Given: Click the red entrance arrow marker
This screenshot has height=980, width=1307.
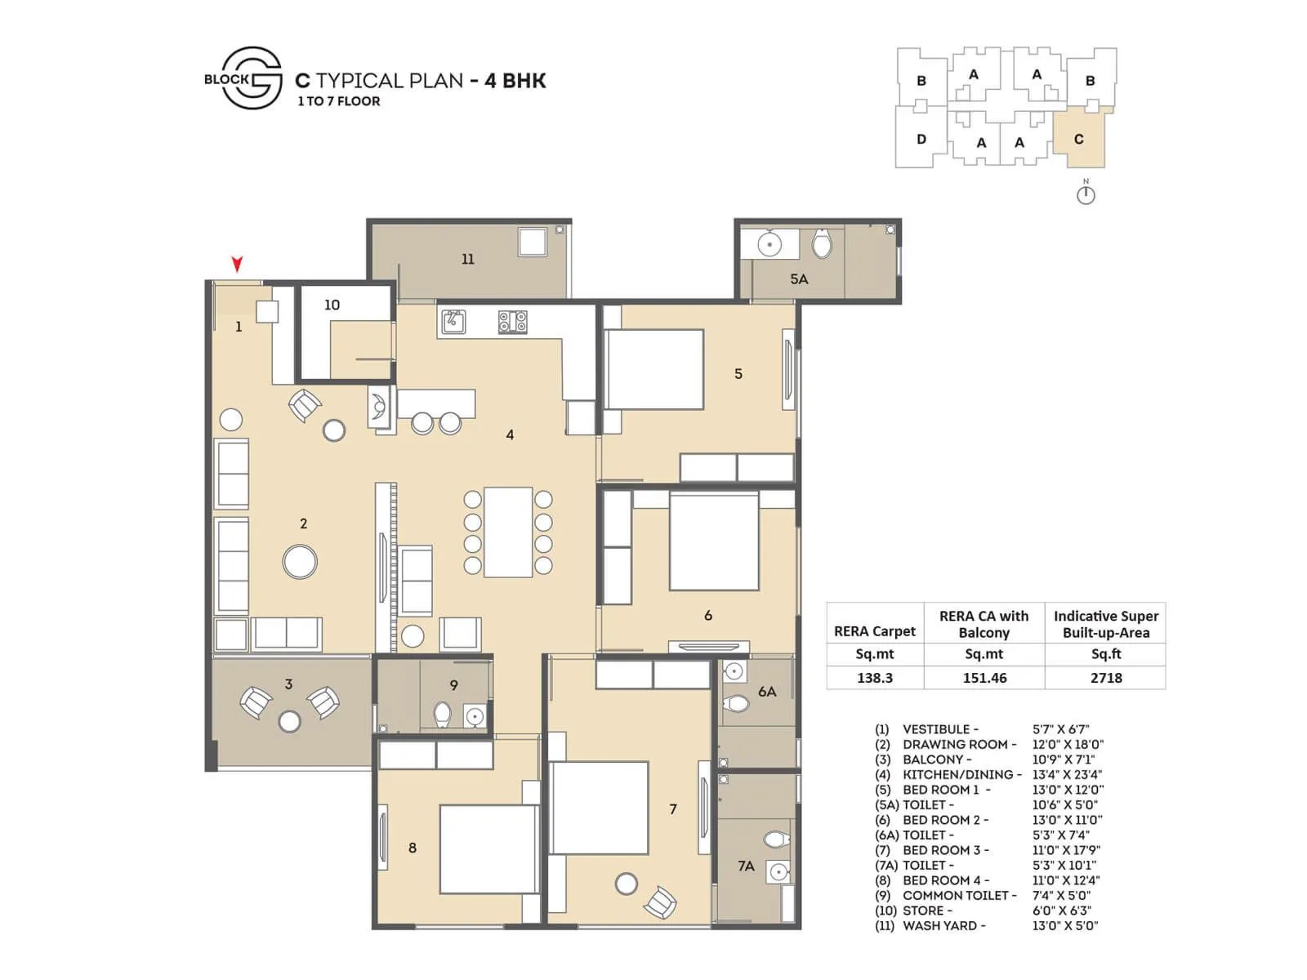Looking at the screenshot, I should (237, 264).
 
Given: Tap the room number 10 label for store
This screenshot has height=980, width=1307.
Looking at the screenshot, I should (332, 305).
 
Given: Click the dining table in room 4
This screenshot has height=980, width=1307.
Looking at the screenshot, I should (508, 532).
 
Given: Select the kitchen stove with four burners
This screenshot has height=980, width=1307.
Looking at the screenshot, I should (513, 322).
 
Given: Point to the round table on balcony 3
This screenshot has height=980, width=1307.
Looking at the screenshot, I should (289, 720).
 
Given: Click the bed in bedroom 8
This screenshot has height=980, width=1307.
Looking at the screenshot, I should (489, 849).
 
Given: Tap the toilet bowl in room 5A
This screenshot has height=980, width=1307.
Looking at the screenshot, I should (822, 243).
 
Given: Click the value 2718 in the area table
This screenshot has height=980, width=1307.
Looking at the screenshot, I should (1105, 678).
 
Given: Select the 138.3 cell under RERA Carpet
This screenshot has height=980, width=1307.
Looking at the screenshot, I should (874, 678).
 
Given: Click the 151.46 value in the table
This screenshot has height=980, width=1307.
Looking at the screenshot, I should (984, 678).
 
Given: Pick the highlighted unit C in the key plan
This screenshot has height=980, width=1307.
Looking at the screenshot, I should (1079, 139).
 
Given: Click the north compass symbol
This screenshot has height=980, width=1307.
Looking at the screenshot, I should (1086, 194).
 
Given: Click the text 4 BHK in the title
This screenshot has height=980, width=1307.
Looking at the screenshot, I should (515, 80).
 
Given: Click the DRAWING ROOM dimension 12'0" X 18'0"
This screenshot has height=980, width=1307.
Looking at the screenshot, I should (1068, 744).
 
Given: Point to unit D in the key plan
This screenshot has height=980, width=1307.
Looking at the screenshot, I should (921, 139).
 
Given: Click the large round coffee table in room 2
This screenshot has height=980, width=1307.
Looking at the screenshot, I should (300, 562).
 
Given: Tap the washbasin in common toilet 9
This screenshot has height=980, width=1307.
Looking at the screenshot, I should (475, 716).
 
